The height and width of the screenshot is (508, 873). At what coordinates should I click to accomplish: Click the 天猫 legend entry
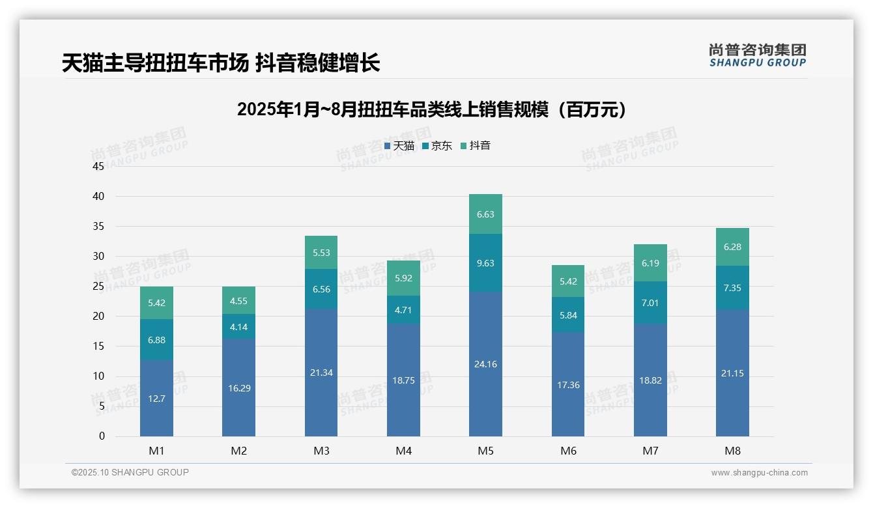coord(399,146)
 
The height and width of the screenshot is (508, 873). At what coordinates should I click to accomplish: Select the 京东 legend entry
coord(437,146)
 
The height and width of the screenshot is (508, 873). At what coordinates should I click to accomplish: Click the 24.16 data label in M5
coord(485,364)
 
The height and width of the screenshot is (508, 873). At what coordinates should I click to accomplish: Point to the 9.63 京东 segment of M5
coord(485,263)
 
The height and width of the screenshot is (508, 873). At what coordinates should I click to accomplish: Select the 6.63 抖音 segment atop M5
coord(485,214)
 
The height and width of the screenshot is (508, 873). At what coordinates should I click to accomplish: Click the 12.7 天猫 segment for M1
coord(156,399)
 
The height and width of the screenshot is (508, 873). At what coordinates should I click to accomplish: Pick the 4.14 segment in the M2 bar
coord(238,326)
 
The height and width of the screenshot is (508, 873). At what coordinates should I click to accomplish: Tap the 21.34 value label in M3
coord(321,373)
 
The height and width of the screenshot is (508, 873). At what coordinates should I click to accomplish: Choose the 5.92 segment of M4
coord(403,278)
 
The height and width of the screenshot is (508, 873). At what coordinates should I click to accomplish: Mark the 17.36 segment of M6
coord(568,385)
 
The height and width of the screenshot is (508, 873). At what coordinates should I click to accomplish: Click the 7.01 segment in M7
coord(650,303)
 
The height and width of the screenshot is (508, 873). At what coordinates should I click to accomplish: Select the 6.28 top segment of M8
coord(732,247)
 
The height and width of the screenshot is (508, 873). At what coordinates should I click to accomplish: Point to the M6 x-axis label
coord(568,451)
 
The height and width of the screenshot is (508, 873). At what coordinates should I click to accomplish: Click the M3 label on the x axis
coord(321,451)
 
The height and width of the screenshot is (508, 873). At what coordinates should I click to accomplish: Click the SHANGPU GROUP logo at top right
coord(757,55)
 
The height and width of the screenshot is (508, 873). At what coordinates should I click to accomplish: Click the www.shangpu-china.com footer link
coord(759,473)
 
